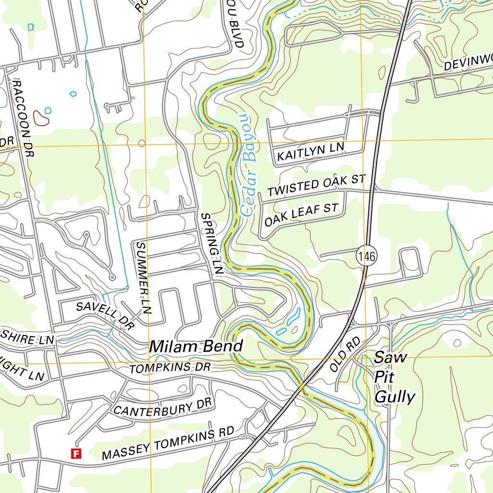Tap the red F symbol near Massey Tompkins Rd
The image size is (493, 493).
76,453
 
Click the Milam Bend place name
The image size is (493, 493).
196,346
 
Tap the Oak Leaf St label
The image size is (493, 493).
302,215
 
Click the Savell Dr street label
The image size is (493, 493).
104,315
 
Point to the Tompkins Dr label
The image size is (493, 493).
170,369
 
